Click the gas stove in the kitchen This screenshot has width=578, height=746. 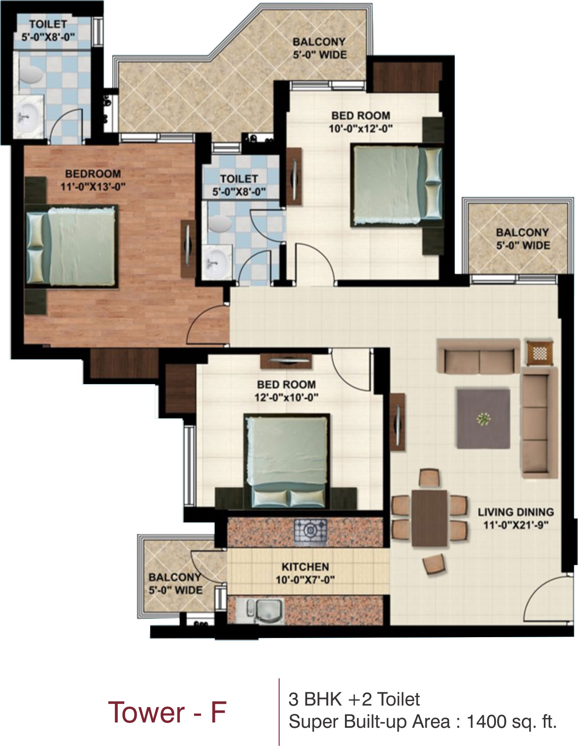(x=310, y=531)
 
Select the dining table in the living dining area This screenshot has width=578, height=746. (x=429, y=518)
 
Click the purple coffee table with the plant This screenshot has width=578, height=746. (x=483, y=419)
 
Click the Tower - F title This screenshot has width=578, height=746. (x=167, y=712)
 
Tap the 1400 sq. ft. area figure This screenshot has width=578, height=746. (x=511, y=722)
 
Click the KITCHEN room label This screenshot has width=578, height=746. (x=305, y=566)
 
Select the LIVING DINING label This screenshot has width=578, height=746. (x=516, y=512)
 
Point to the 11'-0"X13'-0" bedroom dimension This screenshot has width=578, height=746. (x=93, y=187)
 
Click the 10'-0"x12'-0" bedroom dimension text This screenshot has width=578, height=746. (x=361, y=129)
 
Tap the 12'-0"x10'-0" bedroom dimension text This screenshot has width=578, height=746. (x=286, y=397)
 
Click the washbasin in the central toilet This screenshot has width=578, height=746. (x=216, y=261)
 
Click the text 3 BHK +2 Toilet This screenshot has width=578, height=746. (x=354, y=699)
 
